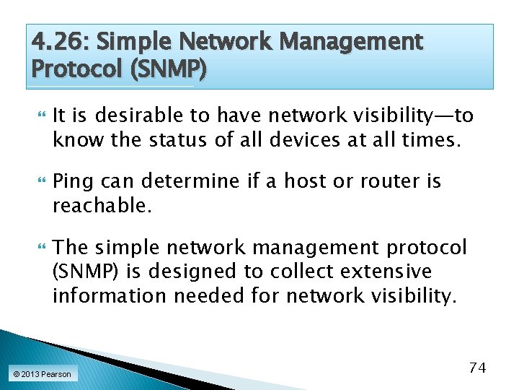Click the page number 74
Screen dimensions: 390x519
477,368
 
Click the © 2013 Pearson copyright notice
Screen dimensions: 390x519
42,374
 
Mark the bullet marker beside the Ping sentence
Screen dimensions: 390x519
40,182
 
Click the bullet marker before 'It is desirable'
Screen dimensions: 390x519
40,116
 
